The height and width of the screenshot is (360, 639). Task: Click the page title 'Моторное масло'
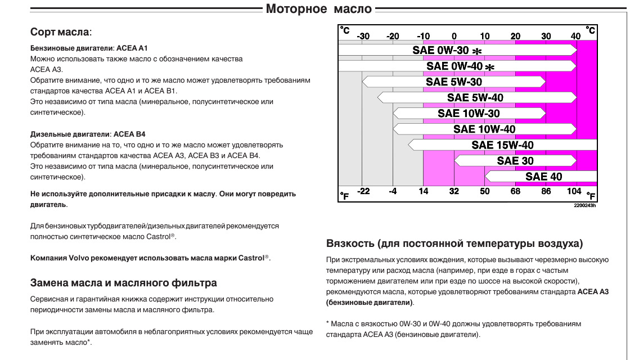point(318,9)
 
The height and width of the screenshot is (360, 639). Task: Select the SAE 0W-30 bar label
point(440,50)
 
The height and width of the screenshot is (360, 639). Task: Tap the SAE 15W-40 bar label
point(502,145)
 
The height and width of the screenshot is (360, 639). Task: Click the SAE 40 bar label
point(543,177)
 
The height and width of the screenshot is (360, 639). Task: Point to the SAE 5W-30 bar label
point(453,82)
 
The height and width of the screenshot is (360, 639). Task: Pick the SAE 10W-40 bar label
point(484,129)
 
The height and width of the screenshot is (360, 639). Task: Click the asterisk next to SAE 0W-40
point(490,67)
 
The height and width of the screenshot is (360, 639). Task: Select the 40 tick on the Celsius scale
point(575,37)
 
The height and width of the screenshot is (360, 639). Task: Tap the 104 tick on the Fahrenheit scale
point(574,191)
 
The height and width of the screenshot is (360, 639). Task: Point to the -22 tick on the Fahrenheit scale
point(363,191)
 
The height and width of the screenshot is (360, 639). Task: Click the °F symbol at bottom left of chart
point(345,196)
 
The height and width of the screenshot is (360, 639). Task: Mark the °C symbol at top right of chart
point(591,30)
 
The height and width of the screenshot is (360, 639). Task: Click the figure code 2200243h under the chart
point(584,205)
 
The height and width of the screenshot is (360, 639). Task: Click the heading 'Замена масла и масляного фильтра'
point(123,282)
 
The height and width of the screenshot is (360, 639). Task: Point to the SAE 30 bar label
point(515,161)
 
